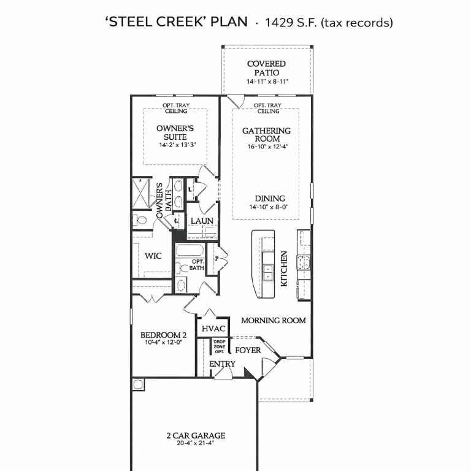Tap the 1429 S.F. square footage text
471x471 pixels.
click(x=328, y=23)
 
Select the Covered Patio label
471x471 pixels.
click(x=266, y=68)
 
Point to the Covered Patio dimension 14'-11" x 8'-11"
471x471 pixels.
click(x=267, y=82)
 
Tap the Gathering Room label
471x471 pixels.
click(x=266, y=135)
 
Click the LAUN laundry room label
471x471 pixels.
click(x=201, y=221)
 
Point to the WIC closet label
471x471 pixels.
click(x=153, y=256)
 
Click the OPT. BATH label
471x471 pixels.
click(x=196, y=265)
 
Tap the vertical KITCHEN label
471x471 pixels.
click(x=285, y=269)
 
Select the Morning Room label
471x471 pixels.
click(x=273, y=320)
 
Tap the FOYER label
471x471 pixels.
click(x=248, y=350)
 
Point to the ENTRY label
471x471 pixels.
click(x=222, y=364)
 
